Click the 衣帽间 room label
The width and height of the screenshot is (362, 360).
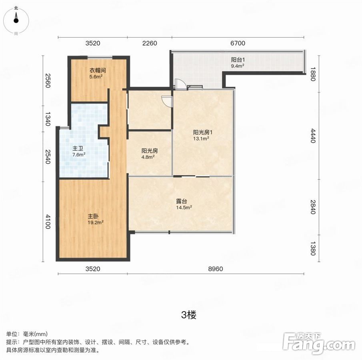tap(98, 70)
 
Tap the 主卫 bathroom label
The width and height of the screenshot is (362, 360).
tap(78, 148)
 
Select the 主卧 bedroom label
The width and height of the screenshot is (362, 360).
tap(93, 216)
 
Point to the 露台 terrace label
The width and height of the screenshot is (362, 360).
tap(182, 201)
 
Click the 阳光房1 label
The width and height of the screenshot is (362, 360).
tap(202, 132)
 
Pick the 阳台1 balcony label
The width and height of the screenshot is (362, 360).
tap(238, 60)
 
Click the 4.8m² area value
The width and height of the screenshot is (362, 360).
tap(148, 157)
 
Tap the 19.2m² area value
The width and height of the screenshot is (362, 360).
tap(95, 223)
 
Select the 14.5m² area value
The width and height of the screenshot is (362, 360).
tap(184, 207)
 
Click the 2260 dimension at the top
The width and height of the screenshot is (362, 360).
tap(150, 43)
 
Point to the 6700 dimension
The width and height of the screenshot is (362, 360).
tap(238, 43)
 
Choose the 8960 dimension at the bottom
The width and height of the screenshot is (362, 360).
tap(216, 269)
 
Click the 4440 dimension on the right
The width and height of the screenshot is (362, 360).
tap(313, 136)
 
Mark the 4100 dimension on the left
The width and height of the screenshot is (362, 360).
tap(48, 222)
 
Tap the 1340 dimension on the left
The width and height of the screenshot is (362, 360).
tap(48, 119)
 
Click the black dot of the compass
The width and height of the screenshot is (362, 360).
tap(16, 20)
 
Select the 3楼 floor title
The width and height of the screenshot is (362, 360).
tap(189, 315)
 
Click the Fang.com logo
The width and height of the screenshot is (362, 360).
tap(319, 344)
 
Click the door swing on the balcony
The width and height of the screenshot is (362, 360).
tap(181, 84)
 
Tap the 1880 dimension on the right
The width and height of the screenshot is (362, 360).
tap(313, 74)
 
